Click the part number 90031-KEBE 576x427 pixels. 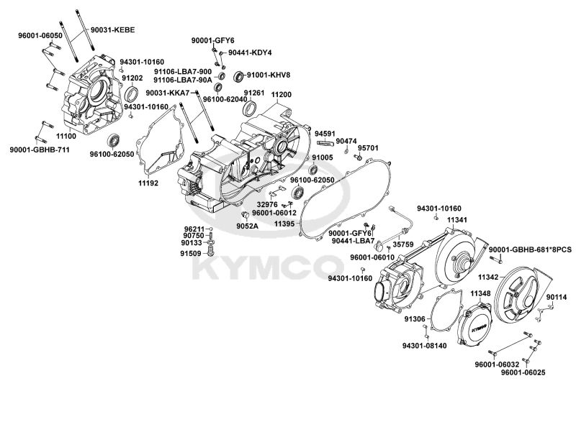[x=113, y=29]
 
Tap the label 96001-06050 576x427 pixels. [x=40, y=35]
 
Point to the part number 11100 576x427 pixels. [x=66, y=135]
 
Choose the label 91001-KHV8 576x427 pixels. [x=269, y=75]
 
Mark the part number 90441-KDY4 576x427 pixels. [x=251, y=52]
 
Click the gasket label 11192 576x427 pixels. [x=148, y=183]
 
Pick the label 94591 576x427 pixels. [x=325, y=133]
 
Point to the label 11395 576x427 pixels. [x=286, y=224]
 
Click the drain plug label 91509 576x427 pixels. [x=191, y=253]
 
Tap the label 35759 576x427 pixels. [x=403, y=244]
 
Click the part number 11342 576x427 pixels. [x=490, y=276]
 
